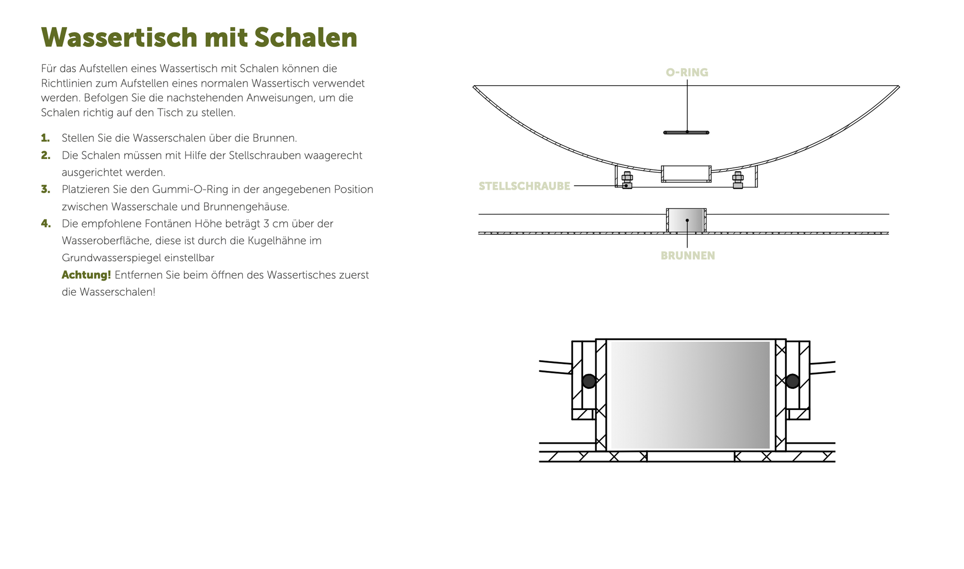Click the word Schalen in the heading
point(306,37)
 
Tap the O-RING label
point(687,72)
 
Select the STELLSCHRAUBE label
point(524,186)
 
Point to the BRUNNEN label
point(688,256)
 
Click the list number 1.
point(46,138)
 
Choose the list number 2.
point(46,155)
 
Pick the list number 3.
point(46,189)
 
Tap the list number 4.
point(46,223)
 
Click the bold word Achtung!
point(86,275)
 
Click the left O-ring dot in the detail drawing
point(589,381)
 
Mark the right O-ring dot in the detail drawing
point(792,381)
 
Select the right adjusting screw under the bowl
point(738,180)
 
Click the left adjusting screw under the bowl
point(627,180)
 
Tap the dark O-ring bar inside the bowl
point(686,132)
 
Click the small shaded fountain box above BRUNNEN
point(686,220)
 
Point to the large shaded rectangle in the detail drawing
point(690,395)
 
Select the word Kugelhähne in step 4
point(281,241)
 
